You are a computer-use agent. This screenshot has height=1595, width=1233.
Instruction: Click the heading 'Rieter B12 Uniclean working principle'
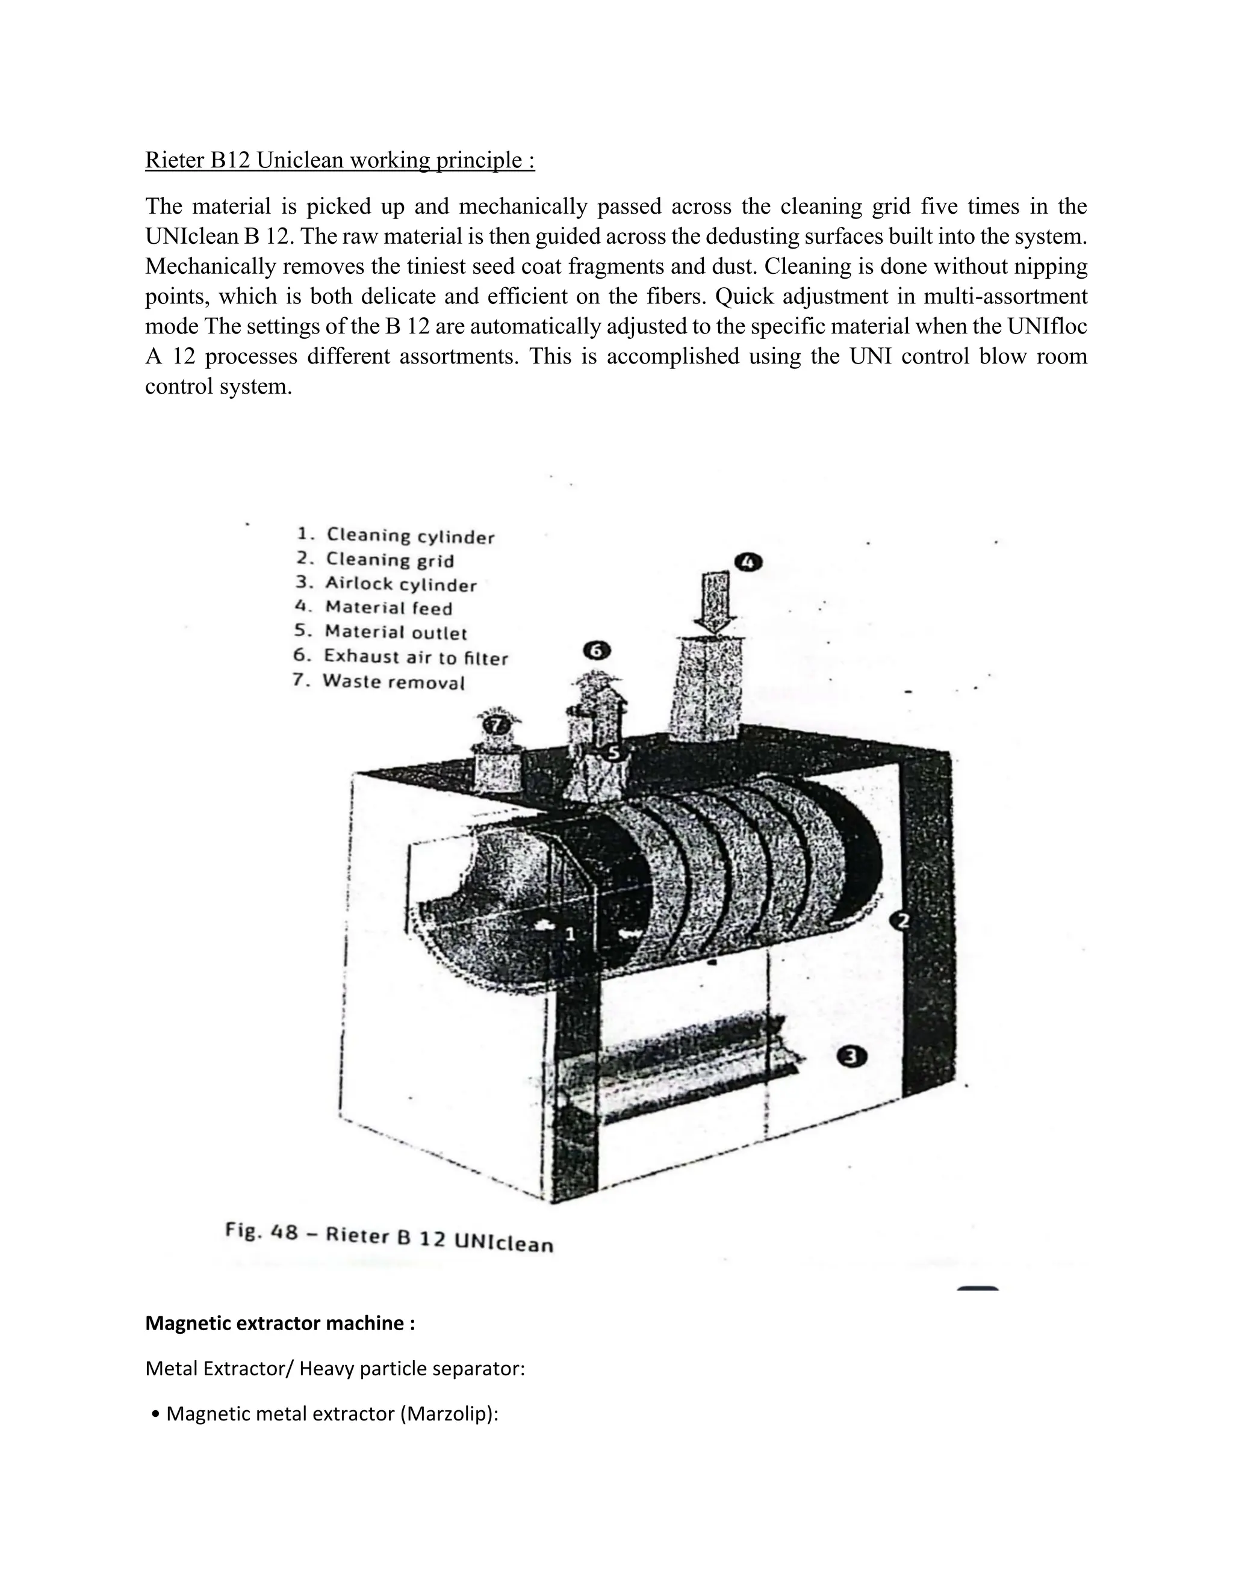click(x=340, y=160)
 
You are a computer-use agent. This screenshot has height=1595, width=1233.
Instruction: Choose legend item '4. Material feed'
click(x=374, y=608)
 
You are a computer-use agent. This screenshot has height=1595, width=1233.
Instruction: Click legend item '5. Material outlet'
click(x=380, y=632)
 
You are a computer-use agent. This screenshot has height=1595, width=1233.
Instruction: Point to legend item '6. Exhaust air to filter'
click(x=400, y=657)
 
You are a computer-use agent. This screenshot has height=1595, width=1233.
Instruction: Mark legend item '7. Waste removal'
click(x=378, y=681)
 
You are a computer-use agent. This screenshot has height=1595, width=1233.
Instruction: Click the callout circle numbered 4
click(x=748, y=562)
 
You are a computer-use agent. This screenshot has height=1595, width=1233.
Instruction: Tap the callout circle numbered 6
click(x=597, y=650)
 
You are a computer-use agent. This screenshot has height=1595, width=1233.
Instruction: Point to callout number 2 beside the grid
click(x=903, y=921)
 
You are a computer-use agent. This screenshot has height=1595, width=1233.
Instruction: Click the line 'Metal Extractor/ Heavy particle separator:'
click(x=335, y=1368)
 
